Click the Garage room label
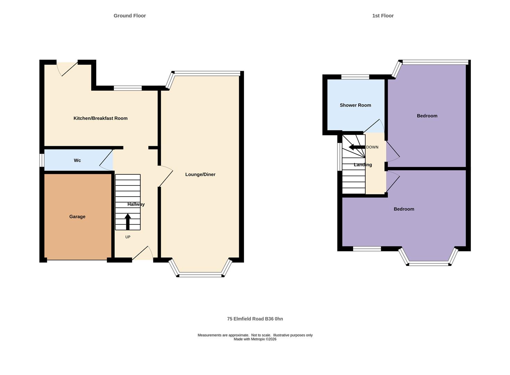point(77,217)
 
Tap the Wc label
point(77,160)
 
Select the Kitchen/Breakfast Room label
point(100,118)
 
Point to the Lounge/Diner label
point(200,175)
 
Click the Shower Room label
point(355,105)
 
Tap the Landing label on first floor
point(363,165)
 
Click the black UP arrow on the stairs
point(128,222)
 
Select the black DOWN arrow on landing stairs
point(356,147)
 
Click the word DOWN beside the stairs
point(372,147)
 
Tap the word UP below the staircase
point(128,237)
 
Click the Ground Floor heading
point(129,16)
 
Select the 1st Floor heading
point(383,16)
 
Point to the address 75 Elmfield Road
point(255,319)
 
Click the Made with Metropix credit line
point(255,339)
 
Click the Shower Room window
point(355,77)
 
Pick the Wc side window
point(42,160)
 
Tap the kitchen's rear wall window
point(128,88)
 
